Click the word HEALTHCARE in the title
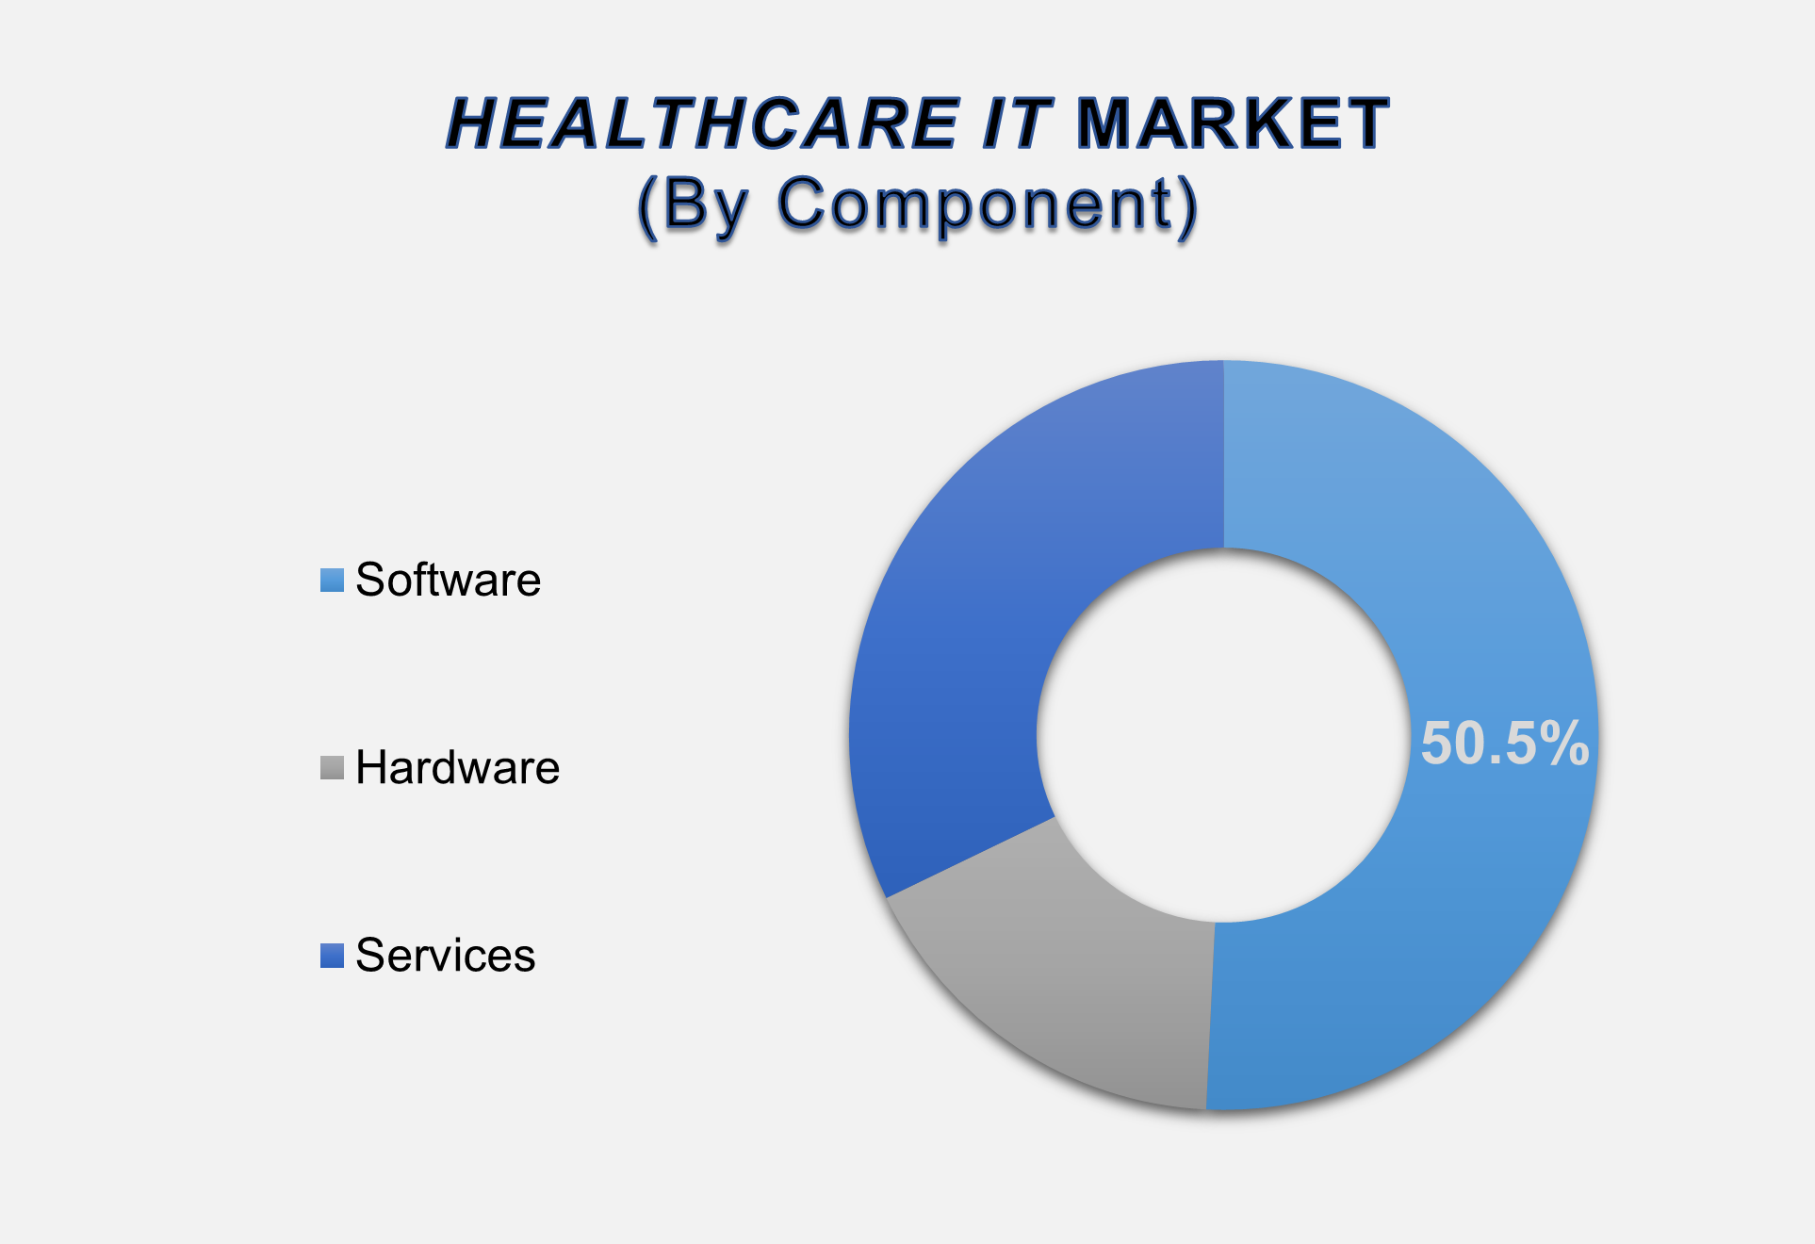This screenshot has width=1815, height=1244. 703,123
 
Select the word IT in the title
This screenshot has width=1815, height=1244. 1016,123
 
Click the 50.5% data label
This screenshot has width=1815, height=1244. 1505,743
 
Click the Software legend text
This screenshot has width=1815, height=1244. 449,580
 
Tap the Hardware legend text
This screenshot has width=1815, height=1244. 458,767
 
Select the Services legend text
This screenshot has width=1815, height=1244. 446,955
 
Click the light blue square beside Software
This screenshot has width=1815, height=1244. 332,580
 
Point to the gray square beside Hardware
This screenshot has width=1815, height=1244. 332,767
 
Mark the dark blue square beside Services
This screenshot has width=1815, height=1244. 332,956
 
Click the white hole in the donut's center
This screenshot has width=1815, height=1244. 1224,735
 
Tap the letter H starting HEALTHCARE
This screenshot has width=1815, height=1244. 473,123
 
